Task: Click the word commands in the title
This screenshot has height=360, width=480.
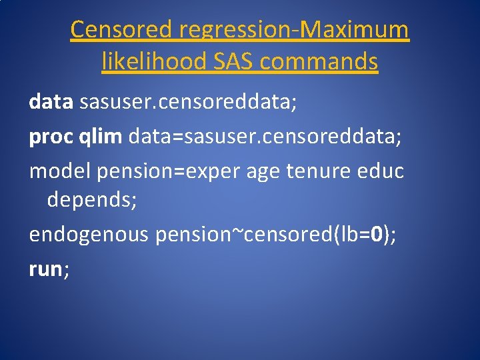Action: [319, 62]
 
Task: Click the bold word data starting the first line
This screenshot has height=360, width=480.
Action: [51, 102]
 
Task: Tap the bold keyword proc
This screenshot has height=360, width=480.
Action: [51, 137]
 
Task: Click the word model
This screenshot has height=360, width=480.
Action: [60, 171]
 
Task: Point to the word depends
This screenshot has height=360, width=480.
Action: [92, 201]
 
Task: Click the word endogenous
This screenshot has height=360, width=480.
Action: [89, 235]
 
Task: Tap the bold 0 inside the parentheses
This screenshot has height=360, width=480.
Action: [377, 235]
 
